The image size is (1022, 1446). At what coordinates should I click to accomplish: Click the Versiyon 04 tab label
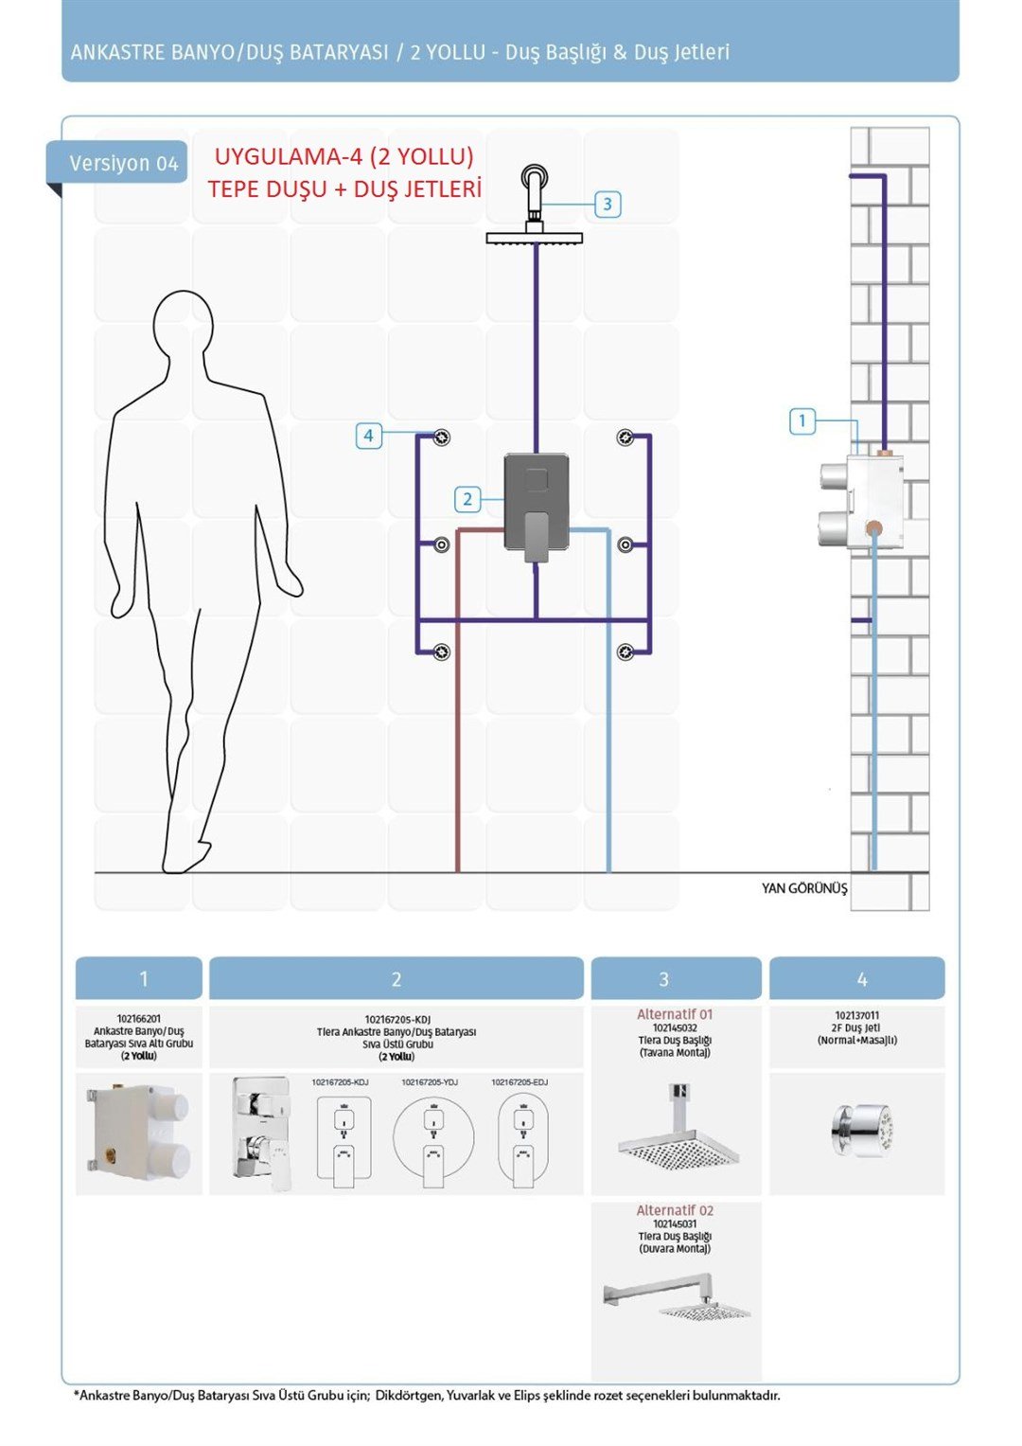click(x=123, y=163)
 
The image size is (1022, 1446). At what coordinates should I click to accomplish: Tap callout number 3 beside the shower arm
click(x=608, y=204)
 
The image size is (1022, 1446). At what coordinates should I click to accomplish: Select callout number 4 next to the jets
click(x=368, y=435)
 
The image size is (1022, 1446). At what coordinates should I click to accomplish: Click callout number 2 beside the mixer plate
click(x=467, y=499)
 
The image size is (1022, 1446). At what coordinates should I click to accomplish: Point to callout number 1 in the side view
click(x=802, y=420)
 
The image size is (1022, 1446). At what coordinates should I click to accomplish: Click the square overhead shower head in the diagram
click(x=535, y=238)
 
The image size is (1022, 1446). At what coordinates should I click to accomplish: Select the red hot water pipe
click(x=458, y=701)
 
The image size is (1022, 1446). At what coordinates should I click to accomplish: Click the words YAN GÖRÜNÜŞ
click(x=804, y=889)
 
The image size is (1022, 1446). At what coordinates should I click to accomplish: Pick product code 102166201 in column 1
click(x=139, y=1019)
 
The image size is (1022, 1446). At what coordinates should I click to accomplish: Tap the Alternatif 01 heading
click(x=675, y=1014)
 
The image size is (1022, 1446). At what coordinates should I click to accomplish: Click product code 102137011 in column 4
click(x=856, y=1015)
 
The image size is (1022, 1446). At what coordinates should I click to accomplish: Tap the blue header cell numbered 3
click(x=676, y=978)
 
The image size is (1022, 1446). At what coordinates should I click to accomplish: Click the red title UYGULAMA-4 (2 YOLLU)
click(x=344, y=156)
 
